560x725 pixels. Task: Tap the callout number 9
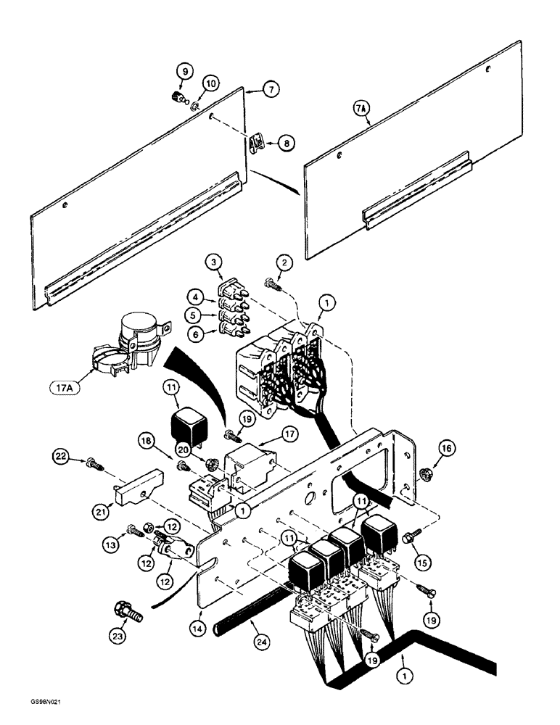pyautogui.click(x=184, y=72)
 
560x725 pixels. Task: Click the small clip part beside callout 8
pyautogui.click(x=255, y=143)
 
